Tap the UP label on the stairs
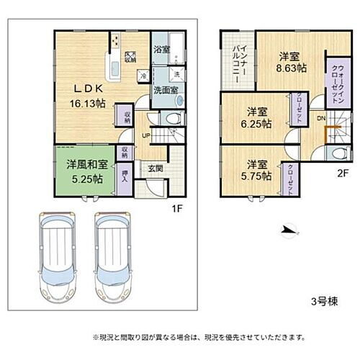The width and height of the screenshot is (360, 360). coord(145,135)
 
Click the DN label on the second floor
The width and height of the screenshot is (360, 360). coord(321,119)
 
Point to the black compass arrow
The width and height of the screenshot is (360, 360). coord(287,230)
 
